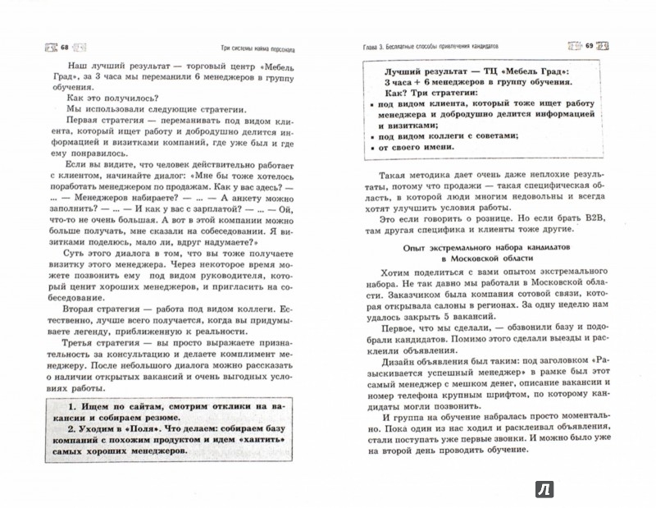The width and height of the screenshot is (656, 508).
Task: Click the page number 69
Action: click(x=587, y=46)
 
